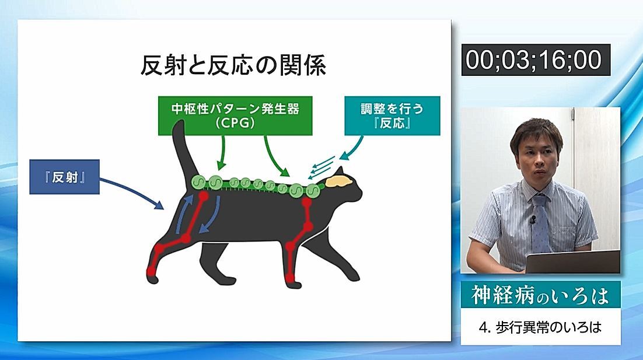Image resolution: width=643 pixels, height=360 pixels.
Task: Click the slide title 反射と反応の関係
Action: point(233,65)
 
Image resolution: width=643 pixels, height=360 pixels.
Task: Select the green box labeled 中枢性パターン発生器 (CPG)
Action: point(235,116)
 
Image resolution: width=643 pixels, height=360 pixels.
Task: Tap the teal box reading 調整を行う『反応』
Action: point(392,116)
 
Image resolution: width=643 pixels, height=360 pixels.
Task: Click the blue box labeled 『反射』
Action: point(64,177)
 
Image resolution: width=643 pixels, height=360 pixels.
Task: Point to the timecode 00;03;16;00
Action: point(536,60)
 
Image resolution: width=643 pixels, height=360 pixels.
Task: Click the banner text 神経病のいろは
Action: point(540,295)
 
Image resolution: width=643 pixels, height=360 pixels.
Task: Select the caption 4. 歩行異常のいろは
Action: point(540,327)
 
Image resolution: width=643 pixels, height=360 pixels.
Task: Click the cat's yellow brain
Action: point(339,181)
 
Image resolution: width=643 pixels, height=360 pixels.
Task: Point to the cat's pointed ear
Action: point(340,172)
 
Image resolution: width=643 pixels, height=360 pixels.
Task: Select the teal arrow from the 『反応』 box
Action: point(352,148)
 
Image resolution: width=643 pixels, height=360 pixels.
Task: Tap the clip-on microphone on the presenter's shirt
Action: point(532,219)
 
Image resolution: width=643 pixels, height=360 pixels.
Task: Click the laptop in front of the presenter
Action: point(572,261)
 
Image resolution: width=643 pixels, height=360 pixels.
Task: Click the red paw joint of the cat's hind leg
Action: point(151,271)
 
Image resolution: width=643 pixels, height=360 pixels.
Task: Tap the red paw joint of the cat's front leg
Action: point(291,278)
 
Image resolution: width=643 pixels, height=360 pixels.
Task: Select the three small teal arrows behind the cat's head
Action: point(321,167)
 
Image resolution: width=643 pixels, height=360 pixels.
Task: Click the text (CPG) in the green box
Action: point(235,123)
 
